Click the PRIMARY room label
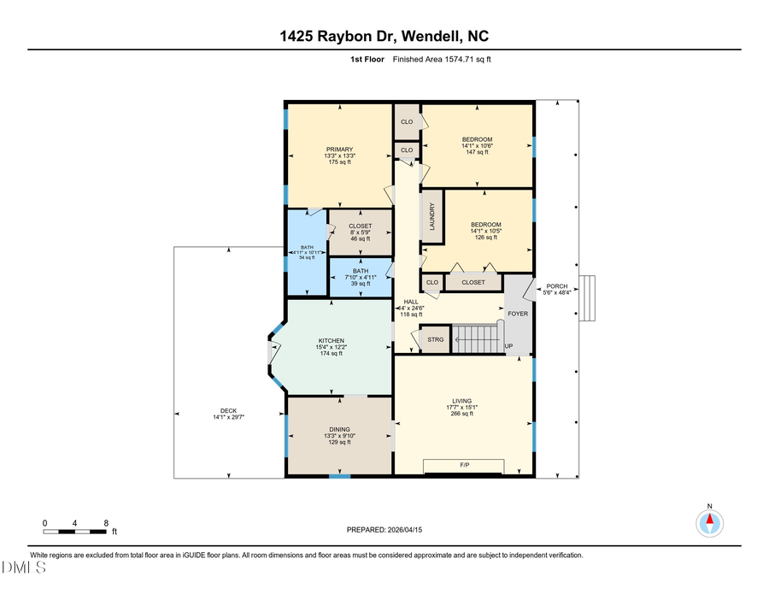coord(339,150)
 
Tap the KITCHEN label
coord(332,341)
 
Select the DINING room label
coord(339,430)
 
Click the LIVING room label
coord(462,401)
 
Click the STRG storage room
coord(436,339)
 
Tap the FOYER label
coord(518,314)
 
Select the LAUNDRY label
coord(433,215)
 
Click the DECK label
coord(204,411)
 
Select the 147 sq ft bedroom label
coord(477,139)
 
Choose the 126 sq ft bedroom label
coord(485,225)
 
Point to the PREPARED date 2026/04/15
coord(384,530)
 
